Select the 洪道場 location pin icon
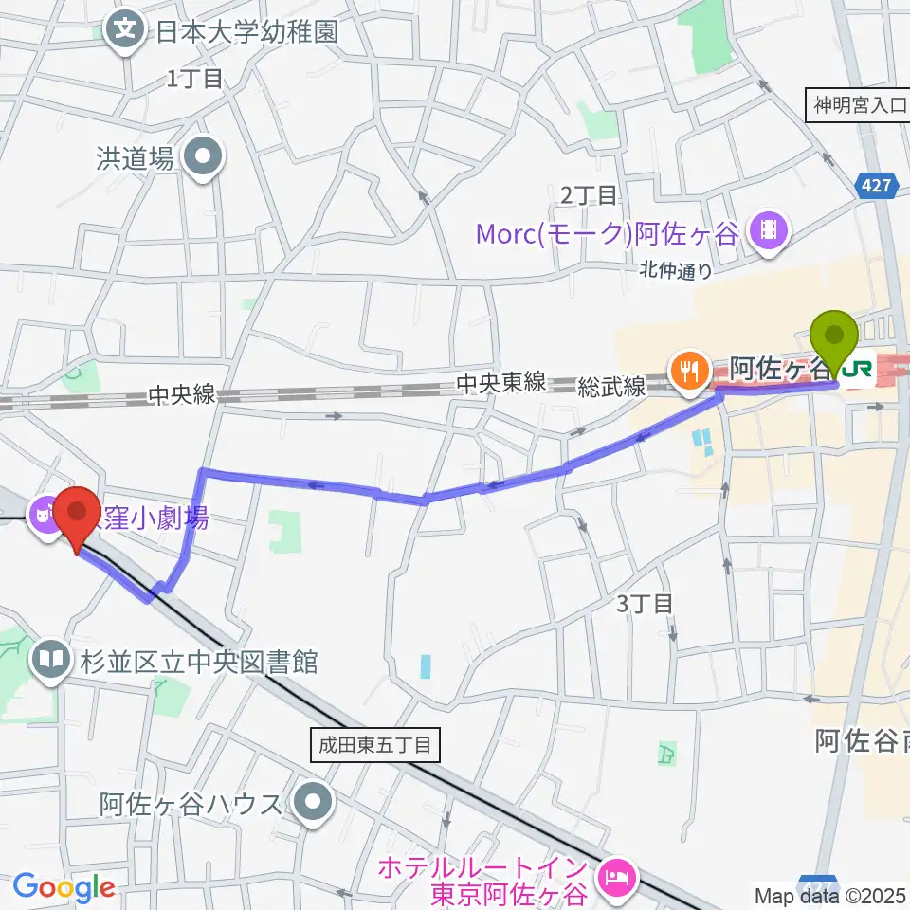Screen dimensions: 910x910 point(203,157)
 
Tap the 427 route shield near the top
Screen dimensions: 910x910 point(877,188)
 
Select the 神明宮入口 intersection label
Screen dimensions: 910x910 point(858,104)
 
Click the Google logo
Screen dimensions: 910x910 point(64,888)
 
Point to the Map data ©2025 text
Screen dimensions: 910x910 point(830,895)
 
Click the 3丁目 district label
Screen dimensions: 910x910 point(645,603)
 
